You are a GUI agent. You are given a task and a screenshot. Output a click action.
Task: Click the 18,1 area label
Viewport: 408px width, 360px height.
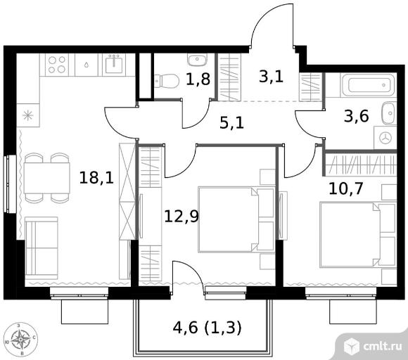(x=96, y=178)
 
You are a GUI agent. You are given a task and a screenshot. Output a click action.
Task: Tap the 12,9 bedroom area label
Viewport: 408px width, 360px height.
(x=181, y=217)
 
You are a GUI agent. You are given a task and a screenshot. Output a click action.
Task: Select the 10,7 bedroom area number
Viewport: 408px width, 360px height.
(x=346, y=188)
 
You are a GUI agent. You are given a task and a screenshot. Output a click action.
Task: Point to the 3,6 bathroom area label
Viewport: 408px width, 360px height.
(x=356, y=116)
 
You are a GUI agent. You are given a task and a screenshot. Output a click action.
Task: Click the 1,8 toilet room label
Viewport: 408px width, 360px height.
(x=198, y=79)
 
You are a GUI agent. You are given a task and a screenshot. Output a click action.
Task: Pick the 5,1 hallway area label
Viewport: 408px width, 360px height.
(x=231, y=123)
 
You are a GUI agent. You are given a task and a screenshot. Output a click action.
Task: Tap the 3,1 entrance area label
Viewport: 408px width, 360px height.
(x=271, y=77)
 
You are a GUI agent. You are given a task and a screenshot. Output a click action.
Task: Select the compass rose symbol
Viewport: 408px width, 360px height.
(x=21, y=340)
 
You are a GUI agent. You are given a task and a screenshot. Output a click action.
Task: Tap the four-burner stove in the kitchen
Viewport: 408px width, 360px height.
(x=57, y=65)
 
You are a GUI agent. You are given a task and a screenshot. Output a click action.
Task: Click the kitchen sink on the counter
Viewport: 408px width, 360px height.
(x=114, y=65)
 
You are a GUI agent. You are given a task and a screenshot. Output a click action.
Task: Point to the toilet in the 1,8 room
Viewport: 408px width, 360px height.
(x=167, y=81)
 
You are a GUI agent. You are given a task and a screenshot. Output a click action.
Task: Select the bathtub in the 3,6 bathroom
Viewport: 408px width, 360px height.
(x=368, y=84)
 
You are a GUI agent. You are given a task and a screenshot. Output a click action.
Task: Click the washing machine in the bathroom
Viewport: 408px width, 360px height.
(x=385, y=138)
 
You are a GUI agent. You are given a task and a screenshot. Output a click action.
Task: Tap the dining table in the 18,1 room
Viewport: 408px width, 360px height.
(x=47, y=178)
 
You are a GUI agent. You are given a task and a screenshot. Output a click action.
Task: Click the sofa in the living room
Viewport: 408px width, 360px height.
(x=42, y=248)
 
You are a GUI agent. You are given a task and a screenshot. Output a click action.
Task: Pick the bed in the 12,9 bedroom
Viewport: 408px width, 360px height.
(x=236, y=219)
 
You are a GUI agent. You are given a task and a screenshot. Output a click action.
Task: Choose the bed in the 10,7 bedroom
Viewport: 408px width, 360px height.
(x=358, y=235)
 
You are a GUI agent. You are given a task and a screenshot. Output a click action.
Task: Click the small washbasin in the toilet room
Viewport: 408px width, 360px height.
(x=197, y=60)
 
